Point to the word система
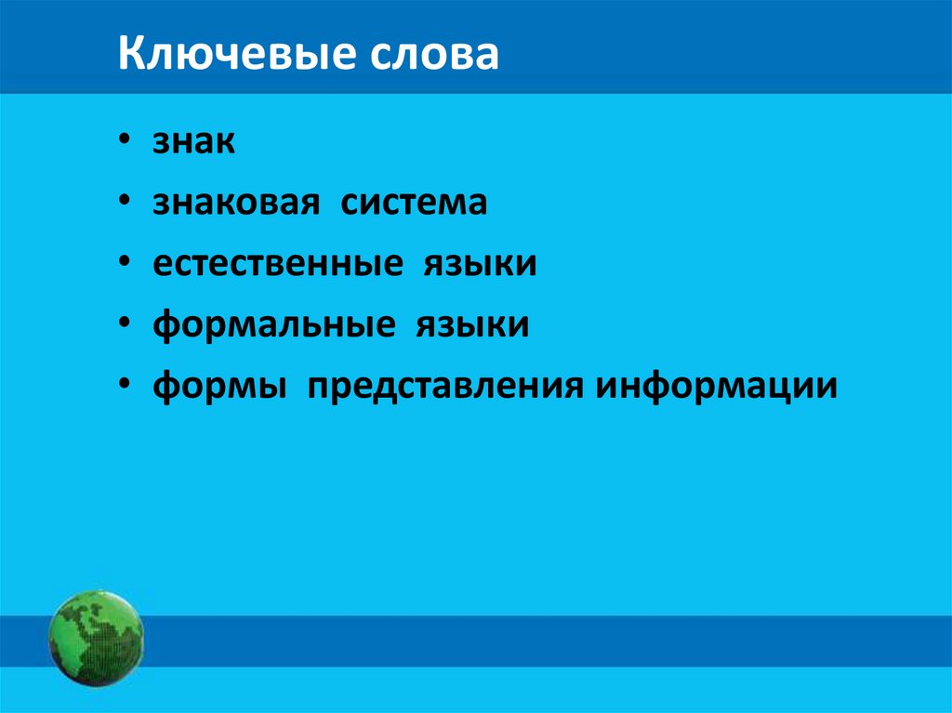[413, 202]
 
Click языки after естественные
[481, 263]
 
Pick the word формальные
[266, 324]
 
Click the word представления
[441, 386]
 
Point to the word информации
[717, 384]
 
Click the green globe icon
[96, 638]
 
